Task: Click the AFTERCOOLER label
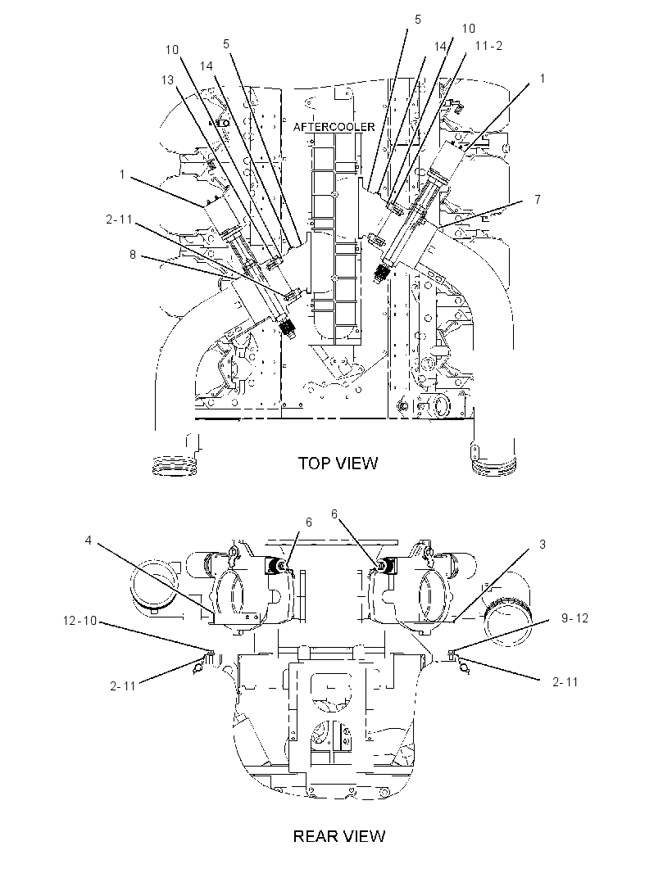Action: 334,127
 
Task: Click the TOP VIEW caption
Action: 338,463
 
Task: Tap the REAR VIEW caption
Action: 338,835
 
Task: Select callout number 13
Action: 167,80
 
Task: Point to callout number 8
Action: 133,255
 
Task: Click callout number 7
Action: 537,199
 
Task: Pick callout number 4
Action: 88,540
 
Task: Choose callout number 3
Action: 543,545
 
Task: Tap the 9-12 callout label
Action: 574,618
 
